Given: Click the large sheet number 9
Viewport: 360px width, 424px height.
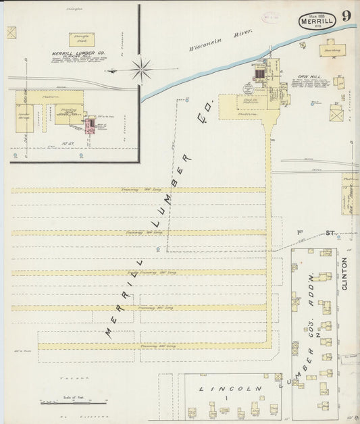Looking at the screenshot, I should [x=345, y=17].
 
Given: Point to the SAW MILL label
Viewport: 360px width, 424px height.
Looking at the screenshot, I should [x=307, y=77].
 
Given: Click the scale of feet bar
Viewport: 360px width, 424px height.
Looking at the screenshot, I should [x=74, y=402].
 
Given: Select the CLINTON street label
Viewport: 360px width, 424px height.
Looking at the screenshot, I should [x=345, y=273].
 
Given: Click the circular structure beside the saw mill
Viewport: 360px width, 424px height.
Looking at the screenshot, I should [x=249, y=88].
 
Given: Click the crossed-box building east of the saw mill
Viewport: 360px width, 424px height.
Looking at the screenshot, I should [x=336, y=115].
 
